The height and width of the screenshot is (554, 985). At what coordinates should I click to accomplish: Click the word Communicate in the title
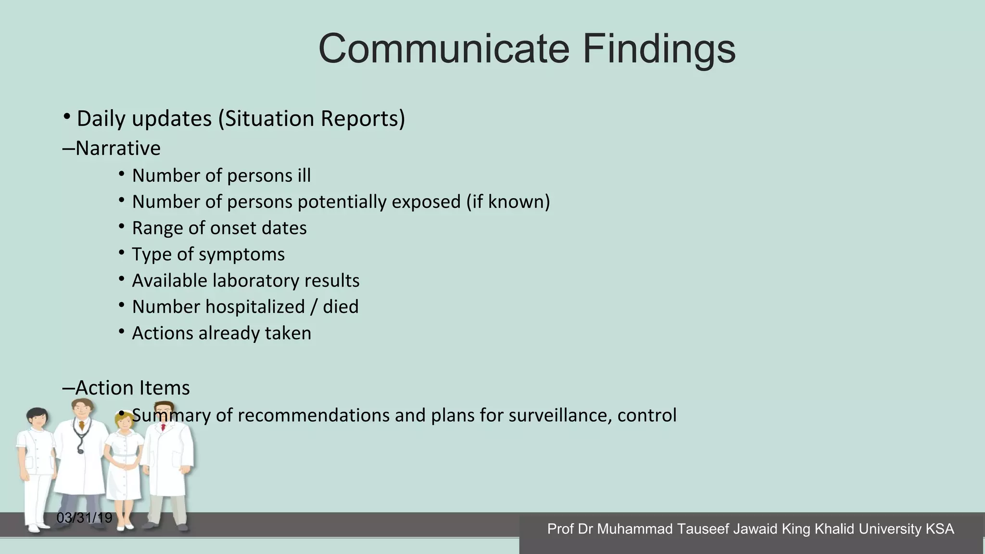[x=443, y=49]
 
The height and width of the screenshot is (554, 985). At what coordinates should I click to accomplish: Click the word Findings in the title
[x=659, y=50]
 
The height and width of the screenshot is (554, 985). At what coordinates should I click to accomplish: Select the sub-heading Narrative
[x=117, y=148]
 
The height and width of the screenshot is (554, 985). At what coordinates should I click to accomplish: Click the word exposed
[x=426, y=201]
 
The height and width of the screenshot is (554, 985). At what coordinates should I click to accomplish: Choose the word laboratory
[x=255, y=281]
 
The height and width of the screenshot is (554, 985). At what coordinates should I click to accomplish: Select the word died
[x=341, y=307]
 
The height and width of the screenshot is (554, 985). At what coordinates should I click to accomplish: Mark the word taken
[x=288, y=333]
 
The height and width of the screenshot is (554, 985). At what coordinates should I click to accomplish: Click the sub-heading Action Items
[x=132, y=388]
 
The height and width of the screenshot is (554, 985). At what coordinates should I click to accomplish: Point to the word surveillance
[x=560, y=415]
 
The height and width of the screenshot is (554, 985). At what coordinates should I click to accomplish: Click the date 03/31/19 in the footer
[x=84, y=518]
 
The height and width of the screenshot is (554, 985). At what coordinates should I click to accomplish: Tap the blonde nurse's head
[x=124, y=422]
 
